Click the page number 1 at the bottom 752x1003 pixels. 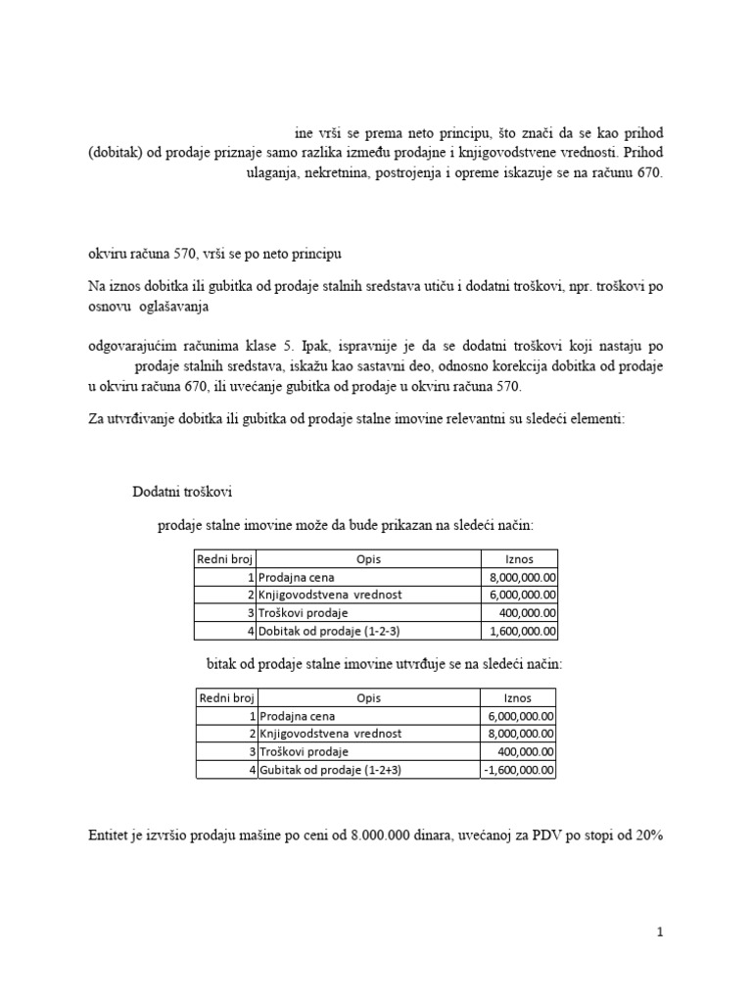tap(661, 933)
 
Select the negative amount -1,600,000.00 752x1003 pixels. tap(520, 771)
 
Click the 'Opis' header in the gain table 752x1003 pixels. tap(369, 559)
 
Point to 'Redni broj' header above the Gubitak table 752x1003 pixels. tap(226, 698)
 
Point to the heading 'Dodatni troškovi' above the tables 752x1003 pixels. tap(182, 492)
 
